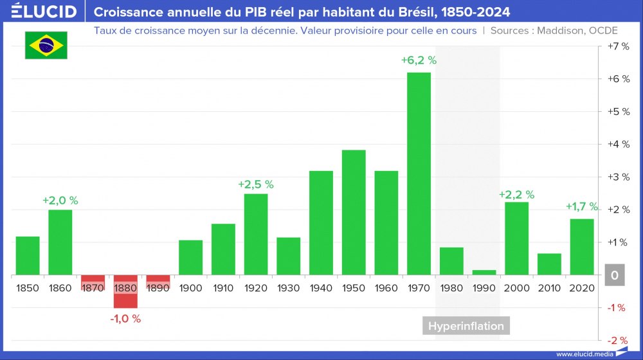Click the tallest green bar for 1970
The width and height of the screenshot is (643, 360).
419,174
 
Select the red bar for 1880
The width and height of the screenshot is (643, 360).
125,292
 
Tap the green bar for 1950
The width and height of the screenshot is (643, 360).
354,212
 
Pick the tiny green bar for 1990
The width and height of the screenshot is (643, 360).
484,273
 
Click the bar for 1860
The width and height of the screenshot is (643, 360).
60,242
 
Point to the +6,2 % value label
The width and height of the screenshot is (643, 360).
419,60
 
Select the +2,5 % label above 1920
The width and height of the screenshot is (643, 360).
256,184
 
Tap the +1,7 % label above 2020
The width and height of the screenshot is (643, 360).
582,207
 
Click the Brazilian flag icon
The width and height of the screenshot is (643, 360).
46,44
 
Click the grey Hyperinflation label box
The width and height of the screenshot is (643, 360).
466,326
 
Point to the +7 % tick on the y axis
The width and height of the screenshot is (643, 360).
618,46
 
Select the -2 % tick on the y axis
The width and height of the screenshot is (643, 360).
618,341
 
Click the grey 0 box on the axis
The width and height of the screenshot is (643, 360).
615,276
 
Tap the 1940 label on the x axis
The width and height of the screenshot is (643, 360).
321,288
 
